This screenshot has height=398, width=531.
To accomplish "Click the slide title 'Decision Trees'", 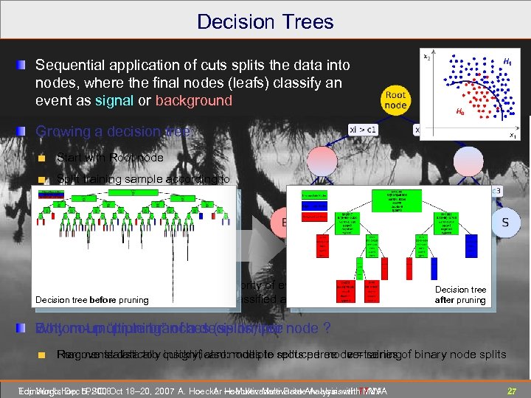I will tap(265, 21).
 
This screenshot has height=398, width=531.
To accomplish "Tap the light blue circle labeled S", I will tap(504, 221).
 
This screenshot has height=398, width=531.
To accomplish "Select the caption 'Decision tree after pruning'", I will tap(460, 295).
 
